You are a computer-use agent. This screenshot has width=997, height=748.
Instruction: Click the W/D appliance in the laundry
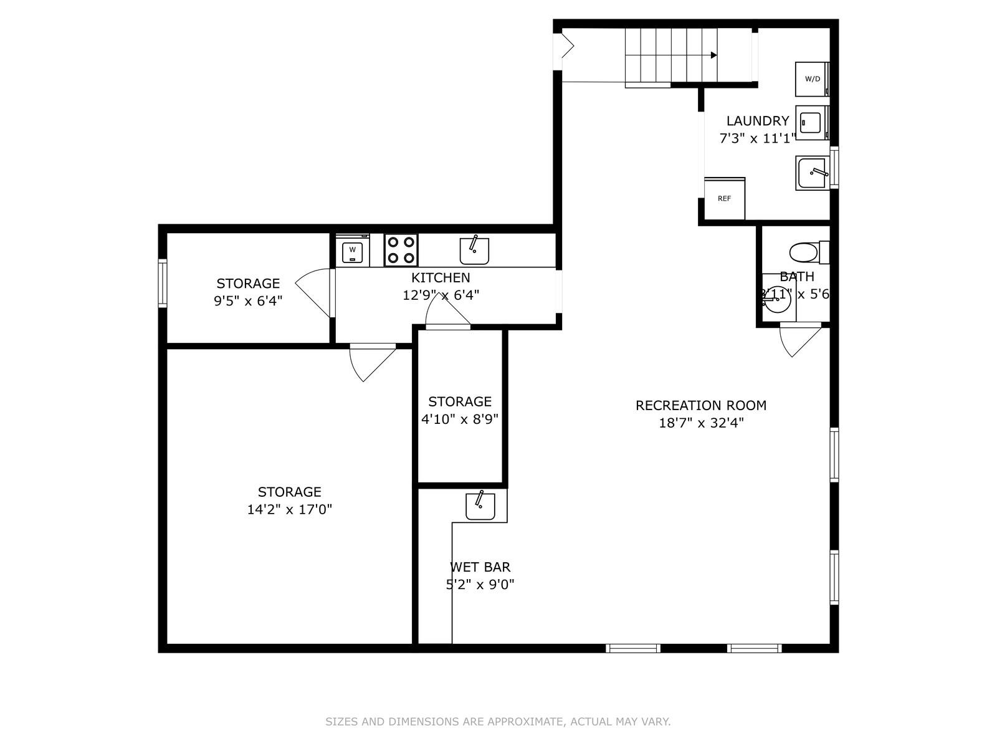[812, 79]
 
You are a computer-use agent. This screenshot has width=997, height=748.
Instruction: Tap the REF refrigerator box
[724, 199]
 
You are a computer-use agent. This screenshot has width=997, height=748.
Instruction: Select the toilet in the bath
[805, 252]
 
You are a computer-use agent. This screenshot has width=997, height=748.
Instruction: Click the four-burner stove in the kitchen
[401, 250]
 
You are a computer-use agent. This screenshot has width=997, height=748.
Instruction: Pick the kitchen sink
[474, 251]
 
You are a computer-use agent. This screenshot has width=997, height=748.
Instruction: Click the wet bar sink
[480, 506]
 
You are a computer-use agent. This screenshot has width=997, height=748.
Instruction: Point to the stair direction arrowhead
[714, 55]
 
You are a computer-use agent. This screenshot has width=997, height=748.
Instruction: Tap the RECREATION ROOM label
[700, 405]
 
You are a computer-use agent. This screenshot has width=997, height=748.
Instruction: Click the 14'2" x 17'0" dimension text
[289, 509]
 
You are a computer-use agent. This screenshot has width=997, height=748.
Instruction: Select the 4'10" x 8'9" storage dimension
[460, 419]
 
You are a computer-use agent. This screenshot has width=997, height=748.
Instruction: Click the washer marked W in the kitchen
[352, 251]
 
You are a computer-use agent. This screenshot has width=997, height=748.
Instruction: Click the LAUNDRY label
[757, 121]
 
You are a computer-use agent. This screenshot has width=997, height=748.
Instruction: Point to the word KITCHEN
[440, 277]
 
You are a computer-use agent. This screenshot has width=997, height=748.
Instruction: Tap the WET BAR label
[480, 567]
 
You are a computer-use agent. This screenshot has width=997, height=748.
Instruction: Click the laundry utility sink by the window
[812, 173]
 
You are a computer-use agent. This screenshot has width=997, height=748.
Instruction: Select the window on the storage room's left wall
[163, 284]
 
